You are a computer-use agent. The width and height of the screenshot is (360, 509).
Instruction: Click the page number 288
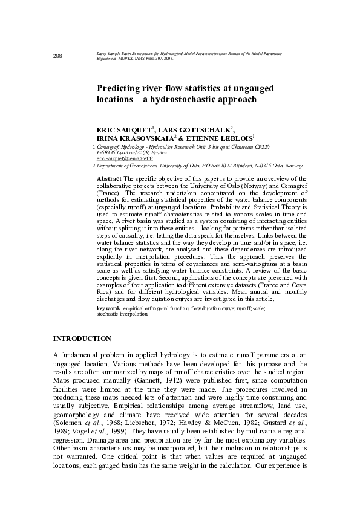pyautogui.click(x=58, y=56)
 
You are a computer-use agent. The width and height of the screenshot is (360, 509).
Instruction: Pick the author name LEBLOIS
pyautogui.click(x=232, y=138)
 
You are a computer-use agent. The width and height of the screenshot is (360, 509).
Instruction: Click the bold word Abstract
pyautogui.click(x=110, y=179)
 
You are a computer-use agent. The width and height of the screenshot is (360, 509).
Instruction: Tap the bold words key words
pyautogui.click(x=108, y=308)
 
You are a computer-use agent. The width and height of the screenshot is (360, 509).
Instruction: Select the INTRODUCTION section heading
pyautogui.click(x=82, y=339)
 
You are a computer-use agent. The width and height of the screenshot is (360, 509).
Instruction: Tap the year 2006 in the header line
pyautogui.click(x=167, y=60)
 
